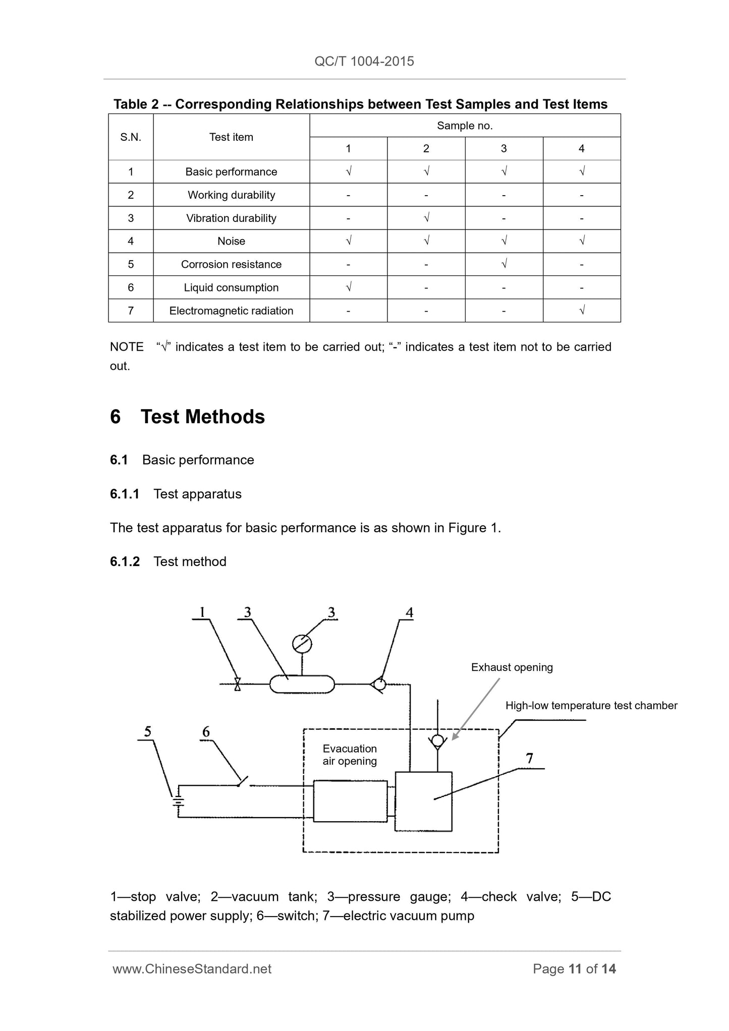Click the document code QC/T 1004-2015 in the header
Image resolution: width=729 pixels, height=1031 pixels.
tap(364, 61)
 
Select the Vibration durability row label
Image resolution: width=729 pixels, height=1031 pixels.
tap(231, 218)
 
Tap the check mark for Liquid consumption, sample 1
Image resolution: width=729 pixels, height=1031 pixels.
tap(349, 287)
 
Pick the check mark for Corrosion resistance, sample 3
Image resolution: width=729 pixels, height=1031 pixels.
tap(504, 264)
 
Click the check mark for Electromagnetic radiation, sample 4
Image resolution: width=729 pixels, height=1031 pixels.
tap(582, 310)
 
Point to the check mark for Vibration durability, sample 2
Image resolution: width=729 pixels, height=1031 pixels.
tap(426, 217)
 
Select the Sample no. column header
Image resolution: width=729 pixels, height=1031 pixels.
tap(465, 126)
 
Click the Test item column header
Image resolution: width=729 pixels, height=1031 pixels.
tap(231, 137)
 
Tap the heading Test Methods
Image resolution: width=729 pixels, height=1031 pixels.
tap(202, 417)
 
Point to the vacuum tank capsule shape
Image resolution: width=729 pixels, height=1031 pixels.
tap(302, 684)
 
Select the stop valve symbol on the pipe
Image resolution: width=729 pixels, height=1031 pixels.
tap(237, 684)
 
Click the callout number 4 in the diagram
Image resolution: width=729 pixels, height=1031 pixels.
tap(410, 612)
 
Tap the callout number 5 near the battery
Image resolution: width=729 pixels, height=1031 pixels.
tap(147, 731)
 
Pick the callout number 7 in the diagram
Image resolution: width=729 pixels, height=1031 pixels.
tap(529, 758)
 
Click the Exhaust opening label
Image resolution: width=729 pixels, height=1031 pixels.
tap(512, 667)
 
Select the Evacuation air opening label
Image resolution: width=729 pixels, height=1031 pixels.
tap(350, 755)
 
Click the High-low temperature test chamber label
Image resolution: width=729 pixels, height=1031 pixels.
tap(591, 706)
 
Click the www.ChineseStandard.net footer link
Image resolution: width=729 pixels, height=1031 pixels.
tap(192, 968)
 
